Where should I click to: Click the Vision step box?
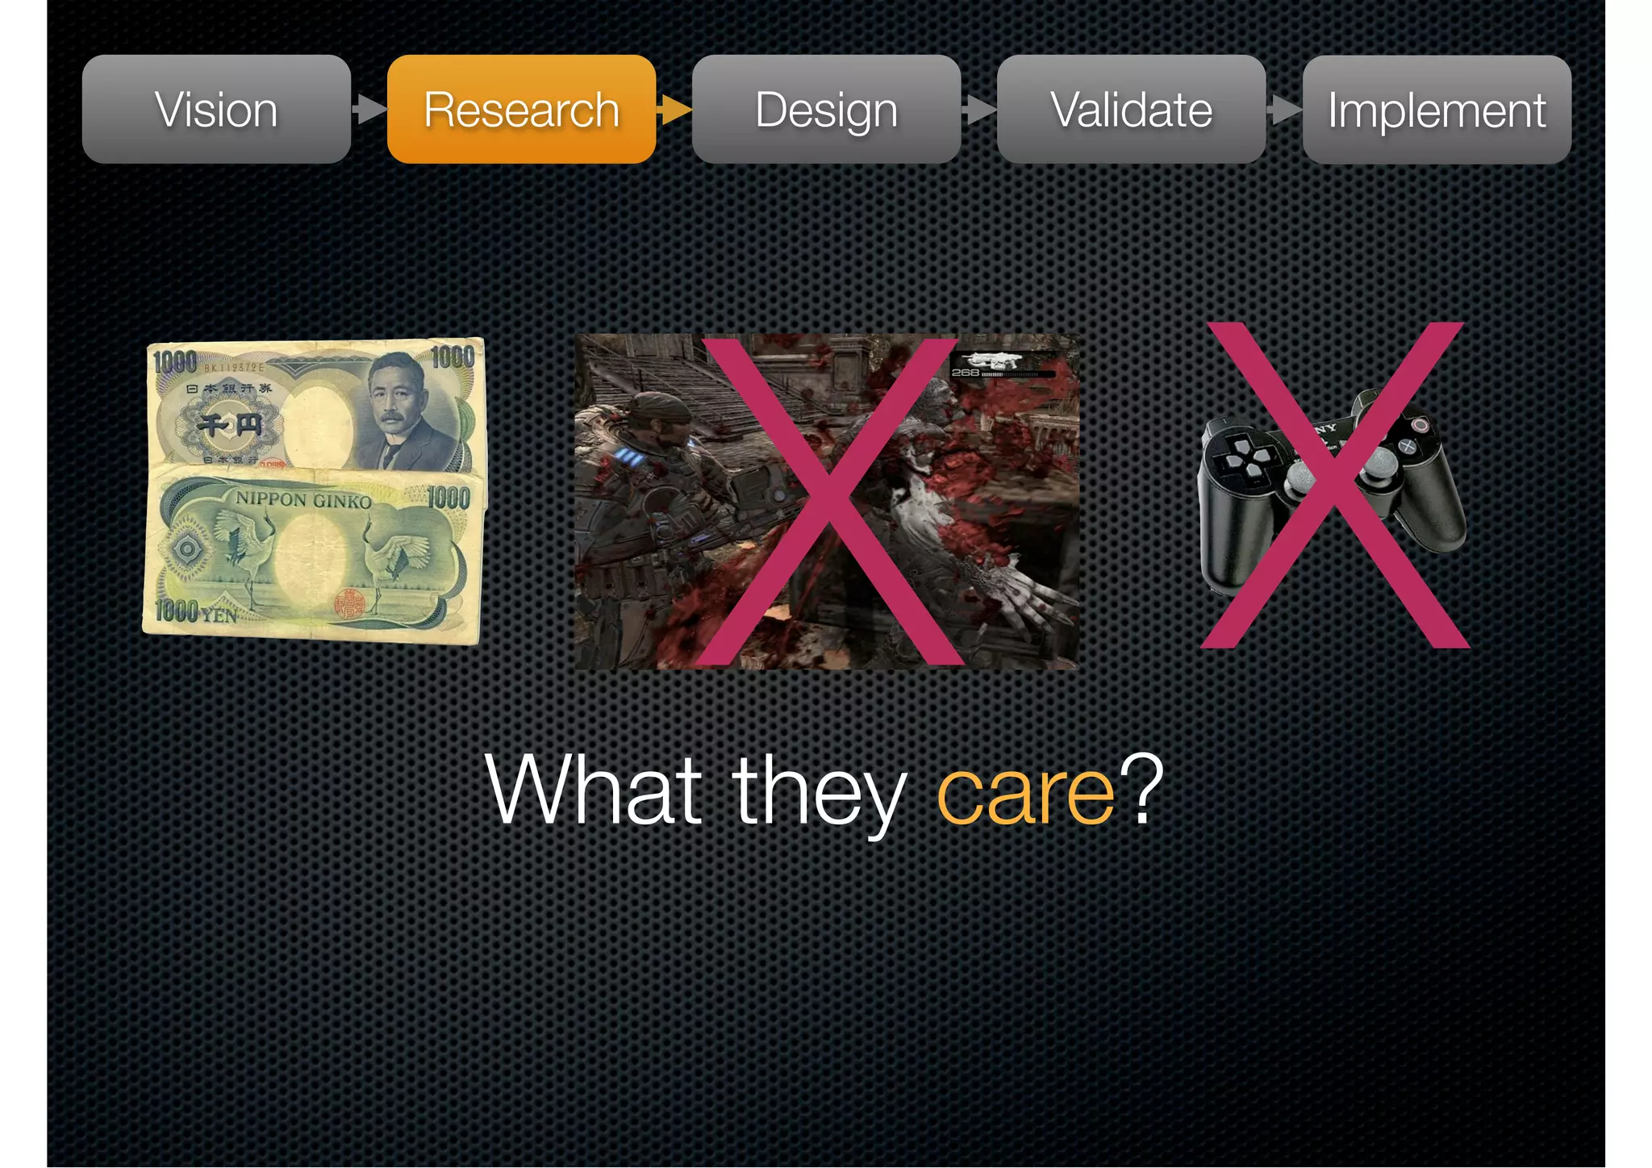tap(216, 110)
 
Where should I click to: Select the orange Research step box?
tap(521, 110)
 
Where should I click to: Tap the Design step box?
tap(826, 110)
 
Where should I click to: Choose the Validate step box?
tap(1131, 110)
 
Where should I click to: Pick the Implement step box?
tap(1437, 110)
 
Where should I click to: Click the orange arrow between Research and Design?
tap(674, 109)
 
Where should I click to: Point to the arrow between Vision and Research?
tap(369, 109)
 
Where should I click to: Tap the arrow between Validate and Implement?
tap(1284, 109)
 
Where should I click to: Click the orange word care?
tap(1025, 795)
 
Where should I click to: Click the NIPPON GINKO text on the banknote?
tap(303, 500)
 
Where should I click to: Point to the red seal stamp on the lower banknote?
tap(350, 603)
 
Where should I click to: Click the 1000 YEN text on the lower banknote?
tap(196, 611)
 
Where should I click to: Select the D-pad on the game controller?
tap(1246, 458)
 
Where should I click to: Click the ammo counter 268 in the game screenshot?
tap(965, 373)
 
